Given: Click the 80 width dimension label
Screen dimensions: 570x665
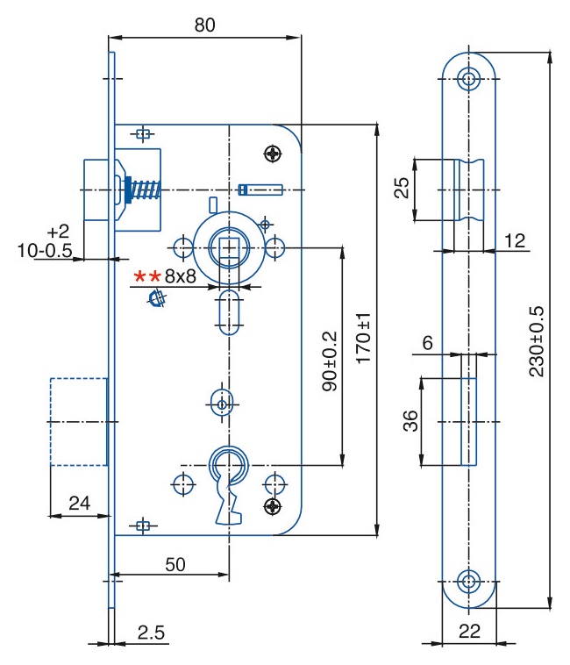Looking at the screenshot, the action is click(204, 25).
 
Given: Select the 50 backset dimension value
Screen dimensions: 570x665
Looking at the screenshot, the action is click(175, 564).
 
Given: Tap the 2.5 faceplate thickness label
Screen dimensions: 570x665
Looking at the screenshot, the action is click(151, 633).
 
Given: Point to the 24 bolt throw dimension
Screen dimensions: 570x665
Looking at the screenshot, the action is click(79, 503).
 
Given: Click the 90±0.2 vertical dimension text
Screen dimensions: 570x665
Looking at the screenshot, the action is click(330, 361).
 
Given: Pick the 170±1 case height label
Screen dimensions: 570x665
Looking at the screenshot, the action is click(363, 339).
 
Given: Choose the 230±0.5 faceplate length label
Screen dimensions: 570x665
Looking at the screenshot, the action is click(536, 341).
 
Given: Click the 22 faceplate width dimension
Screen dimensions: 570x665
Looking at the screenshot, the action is click(469, 631).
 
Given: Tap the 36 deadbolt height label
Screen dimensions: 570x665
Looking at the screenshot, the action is click(410, 421).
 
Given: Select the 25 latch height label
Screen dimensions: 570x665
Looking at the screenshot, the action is click(402, 188).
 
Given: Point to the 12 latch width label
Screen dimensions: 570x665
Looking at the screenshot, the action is click(515, 241).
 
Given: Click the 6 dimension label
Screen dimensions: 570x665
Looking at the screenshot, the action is click(428, 343).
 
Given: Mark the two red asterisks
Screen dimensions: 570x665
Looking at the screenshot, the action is click(147, 276).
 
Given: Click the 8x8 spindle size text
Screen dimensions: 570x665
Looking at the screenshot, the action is click(180, 276).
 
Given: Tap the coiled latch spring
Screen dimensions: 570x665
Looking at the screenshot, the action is click(145, 190).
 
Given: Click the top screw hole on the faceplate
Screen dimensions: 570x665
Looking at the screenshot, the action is click(468, 78).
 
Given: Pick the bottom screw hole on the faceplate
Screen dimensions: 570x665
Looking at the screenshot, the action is click(468, 582).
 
